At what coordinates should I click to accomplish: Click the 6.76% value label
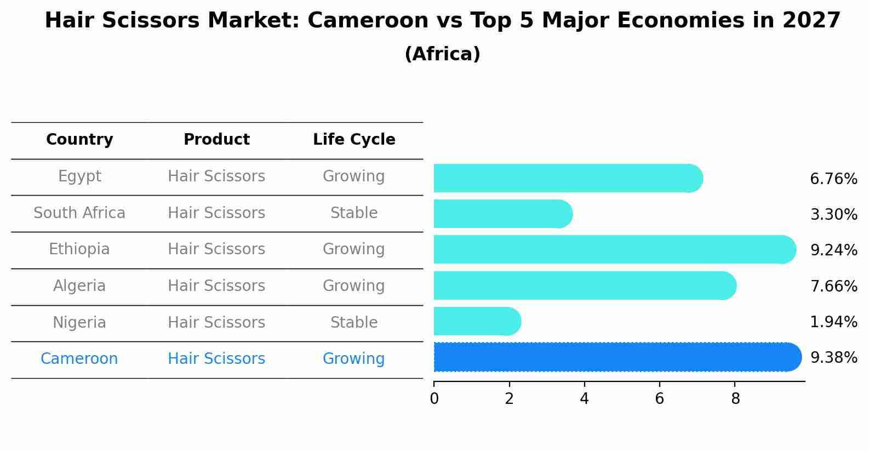click(x=833, y=179)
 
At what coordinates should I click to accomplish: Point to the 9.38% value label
click(x=833, y=358)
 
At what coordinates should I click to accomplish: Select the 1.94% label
click(x=833, y=322)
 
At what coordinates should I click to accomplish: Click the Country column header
click(x=79, y=140)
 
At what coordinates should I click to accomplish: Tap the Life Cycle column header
click(x=354, y=140)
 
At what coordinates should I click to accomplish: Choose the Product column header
click(x=216, y=140)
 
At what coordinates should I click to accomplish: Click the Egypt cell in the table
click(x=79, y=176)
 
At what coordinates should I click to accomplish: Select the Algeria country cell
click(x=79, y=286)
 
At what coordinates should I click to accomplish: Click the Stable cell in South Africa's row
click(x=354, y=213)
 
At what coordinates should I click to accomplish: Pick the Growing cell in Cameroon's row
click(x=354, y=359)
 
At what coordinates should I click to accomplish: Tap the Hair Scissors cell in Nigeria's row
click(x=216, y=323)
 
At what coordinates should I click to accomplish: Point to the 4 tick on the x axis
click(x=584, y=399)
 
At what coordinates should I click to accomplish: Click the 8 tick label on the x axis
click(x=735, y=399)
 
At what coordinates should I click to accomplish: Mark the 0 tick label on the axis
click(x=434, y=399)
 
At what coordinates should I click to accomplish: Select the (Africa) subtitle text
click(x=442, y=54)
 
